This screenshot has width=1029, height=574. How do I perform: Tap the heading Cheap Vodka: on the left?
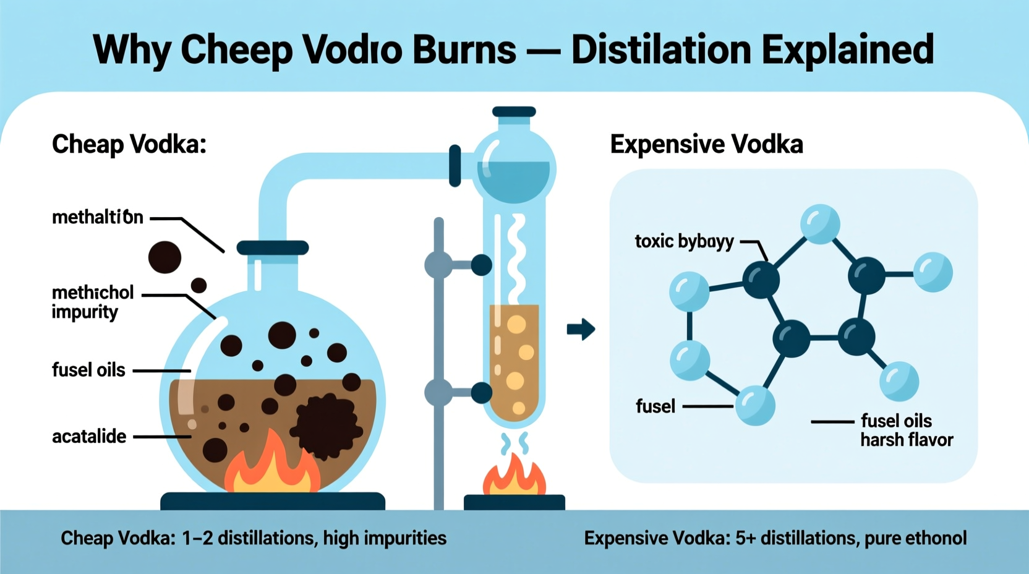129,144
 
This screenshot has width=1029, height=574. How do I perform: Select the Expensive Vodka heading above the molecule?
706,144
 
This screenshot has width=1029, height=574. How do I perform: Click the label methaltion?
98,218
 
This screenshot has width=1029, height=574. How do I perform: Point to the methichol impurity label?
92,302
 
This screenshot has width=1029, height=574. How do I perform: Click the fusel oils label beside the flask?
88,370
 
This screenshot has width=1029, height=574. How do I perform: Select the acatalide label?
89,437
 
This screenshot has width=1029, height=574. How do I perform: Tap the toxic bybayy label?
684,241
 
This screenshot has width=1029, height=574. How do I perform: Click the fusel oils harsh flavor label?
906,430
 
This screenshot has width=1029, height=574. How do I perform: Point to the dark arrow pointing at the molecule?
581,329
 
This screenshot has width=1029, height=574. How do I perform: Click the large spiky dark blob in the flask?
326,426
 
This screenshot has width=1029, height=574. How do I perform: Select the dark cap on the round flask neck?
273,248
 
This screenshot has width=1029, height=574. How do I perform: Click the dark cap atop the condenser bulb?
514,111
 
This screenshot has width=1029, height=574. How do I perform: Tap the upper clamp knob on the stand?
481,265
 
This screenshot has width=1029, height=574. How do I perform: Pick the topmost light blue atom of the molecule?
820,223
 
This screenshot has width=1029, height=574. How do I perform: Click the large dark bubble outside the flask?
164,257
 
